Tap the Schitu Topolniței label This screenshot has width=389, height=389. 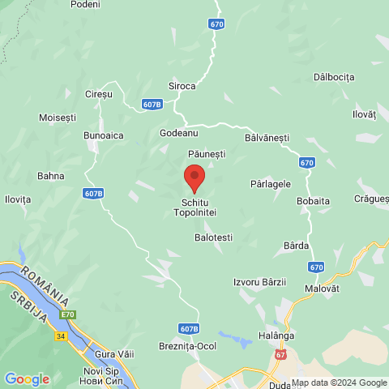tap(194, 207)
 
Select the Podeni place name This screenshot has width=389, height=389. tap(85, 5)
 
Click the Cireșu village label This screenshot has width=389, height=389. tap(98, 95)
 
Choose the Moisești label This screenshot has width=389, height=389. tap(56, 118)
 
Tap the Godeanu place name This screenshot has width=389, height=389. tap(179, 132)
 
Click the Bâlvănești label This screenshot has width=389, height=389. tap(266, 139)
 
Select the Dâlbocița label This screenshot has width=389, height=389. tap(334, 77)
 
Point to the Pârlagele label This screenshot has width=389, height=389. tap(271, 184)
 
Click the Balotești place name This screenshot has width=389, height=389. tap(213, 237)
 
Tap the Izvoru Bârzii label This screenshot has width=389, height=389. tap(259, 281)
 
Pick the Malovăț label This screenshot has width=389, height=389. tap(332, 286)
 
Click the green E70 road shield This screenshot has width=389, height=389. tap(68, 314)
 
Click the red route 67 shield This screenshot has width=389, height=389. tap(280, 354)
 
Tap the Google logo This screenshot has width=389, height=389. tap(27, 378)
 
